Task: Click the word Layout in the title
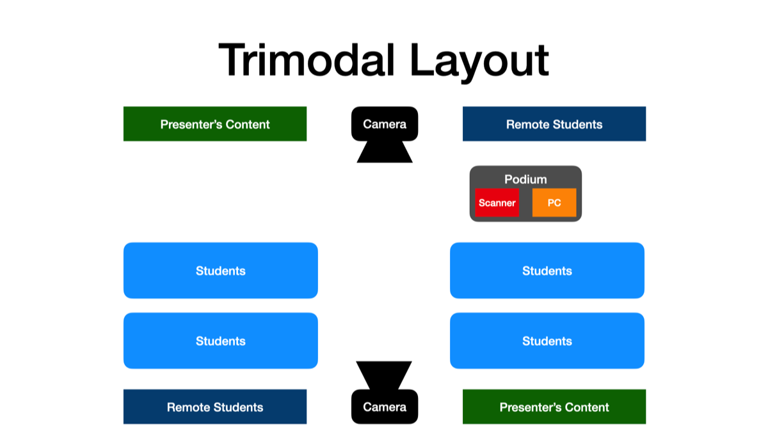coord(479,61)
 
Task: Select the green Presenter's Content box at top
coord(215,124)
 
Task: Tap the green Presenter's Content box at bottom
coord(554,407)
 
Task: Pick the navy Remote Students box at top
coord(554,124)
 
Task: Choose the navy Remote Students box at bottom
coord(215,407)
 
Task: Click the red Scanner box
coord(497,203)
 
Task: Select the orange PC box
coord(554,203)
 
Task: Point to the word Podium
coord(525,179)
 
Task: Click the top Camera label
coord(385,124)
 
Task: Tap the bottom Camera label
coord(385,407)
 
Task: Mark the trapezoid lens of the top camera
coord(385,152)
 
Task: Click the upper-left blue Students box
coord(221,270)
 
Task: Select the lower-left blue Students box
coord(221,341)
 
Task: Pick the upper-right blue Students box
coord(547,270)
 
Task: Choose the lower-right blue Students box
coord(547,341)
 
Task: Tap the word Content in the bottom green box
coord(586,407)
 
